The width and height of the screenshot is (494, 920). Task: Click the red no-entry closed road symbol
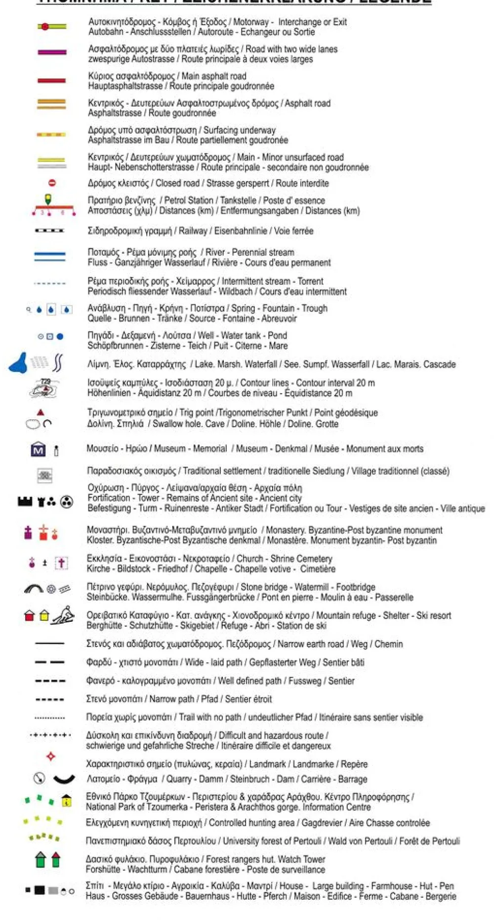tap(52, 183)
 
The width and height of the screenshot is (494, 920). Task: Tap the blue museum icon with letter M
tap(38, 449)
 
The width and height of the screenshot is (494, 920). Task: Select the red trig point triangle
tap(41, 412)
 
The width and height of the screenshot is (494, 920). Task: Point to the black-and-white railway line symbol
tap(49, 231)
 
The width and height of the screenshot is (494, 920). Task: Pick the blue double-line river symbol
tap(49, 256)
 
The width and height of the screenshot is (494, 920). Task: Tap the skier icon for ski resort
tap(64, 616)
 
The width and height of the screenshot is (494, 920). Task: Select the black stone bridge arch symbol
tap(34, 589)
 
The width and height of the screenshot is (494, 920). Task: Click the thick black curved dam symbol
tap(64, 780)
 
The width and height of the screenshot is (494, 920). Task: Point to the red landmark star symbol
tap(50, 756)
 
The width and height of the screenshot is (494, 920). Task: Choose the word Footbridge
tap(355, 587)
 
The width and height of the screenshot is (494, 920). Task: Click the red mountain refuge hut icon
tap(30, 616)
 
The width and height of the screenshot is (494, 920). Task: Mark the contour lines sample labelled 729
tap(44, 389)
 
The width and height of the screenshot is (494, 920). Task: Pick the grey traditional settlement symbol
tap(45, 475)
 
